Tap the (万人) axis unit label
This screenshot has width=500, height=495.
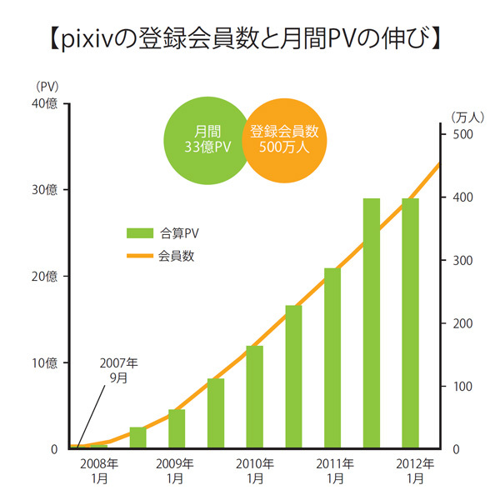pyautogui.click(x=463, y=117)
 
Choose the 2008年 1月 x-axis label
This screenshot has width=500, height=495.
pyautogui.click(x=98, y=471)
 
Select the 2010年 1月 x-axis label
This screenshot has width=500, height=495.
pyautogui.click(x=255, y=471)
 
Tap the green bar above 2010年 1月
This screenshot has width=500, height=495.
pyautogui.click(x=254, y=397)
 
